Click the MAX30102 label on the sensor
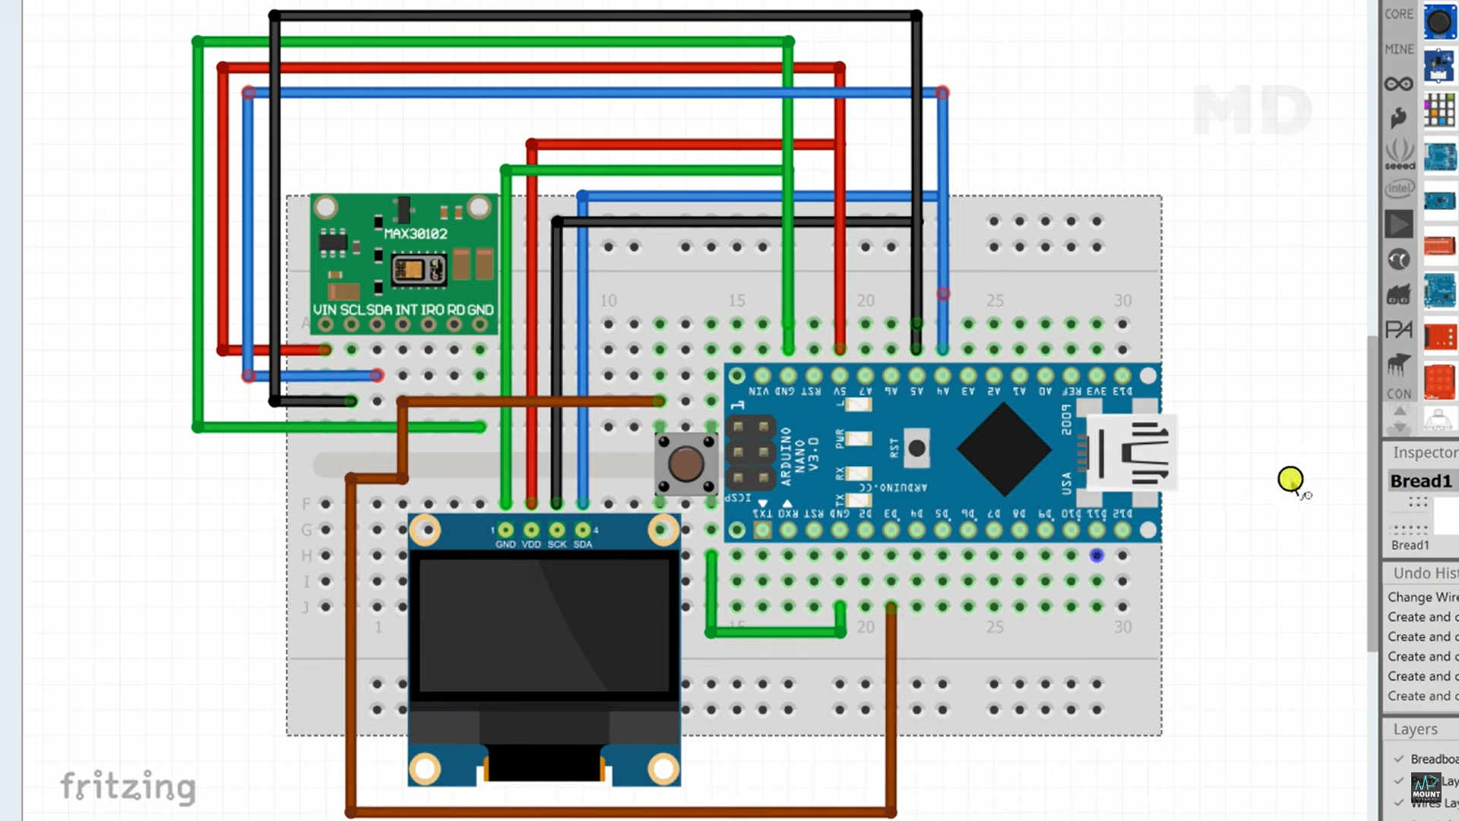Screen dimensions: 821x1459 tap(416, 233)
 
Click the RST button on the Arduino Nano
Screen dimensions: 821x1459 tap(917, 449)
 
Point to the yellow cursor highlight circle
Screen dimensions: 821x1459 tap(1290, 479)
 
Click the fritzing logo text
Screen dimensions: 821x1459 tap(128, 786)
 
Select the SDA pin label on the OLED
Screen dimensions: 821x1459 tap(583, 544)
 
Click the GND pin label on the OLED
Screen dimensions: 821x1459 tap(505, 544)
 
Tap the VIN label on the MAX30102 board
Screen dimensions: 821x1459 tap(324, 310)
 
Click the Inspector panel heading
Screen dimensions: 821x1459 tap(1424, 452)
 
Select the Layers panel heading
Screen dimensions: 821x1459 tap(1415, 729)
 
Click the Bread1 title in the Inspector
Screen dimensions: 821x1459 tap(1420, 481)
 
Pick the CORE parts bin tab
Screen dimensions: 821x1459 tap(1398, 14)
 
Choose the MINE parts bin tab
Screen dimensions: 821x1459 tap(1398, 49)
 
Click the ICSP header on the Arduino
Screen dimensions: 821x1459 tap(750, 452)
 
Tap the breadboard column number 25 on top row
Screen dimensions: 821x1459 tap(995, 300)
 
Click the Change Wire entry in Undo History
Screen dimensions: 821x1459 tap(1422, 597)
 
